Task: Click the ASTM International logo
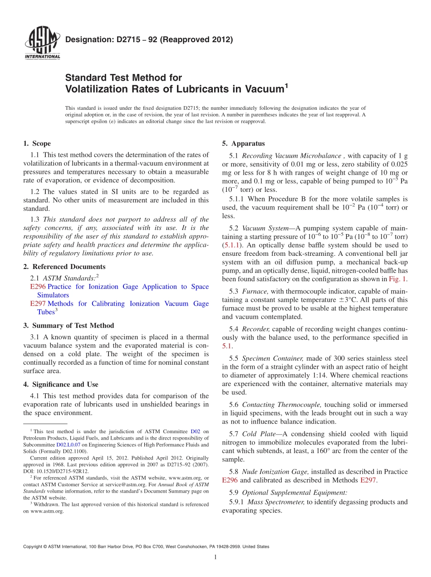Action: [42, 44]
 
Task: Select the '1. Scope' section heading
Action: [37, 144]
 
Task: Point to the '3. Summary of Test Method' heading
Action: [69, 326]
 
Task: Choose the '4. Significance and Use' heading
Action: [61, 384]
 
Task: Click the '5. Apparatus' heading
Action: [243, 144]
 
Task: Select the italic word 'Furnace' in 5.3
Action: [255, 291]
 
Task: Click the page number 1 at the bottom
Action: [215, 557]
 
